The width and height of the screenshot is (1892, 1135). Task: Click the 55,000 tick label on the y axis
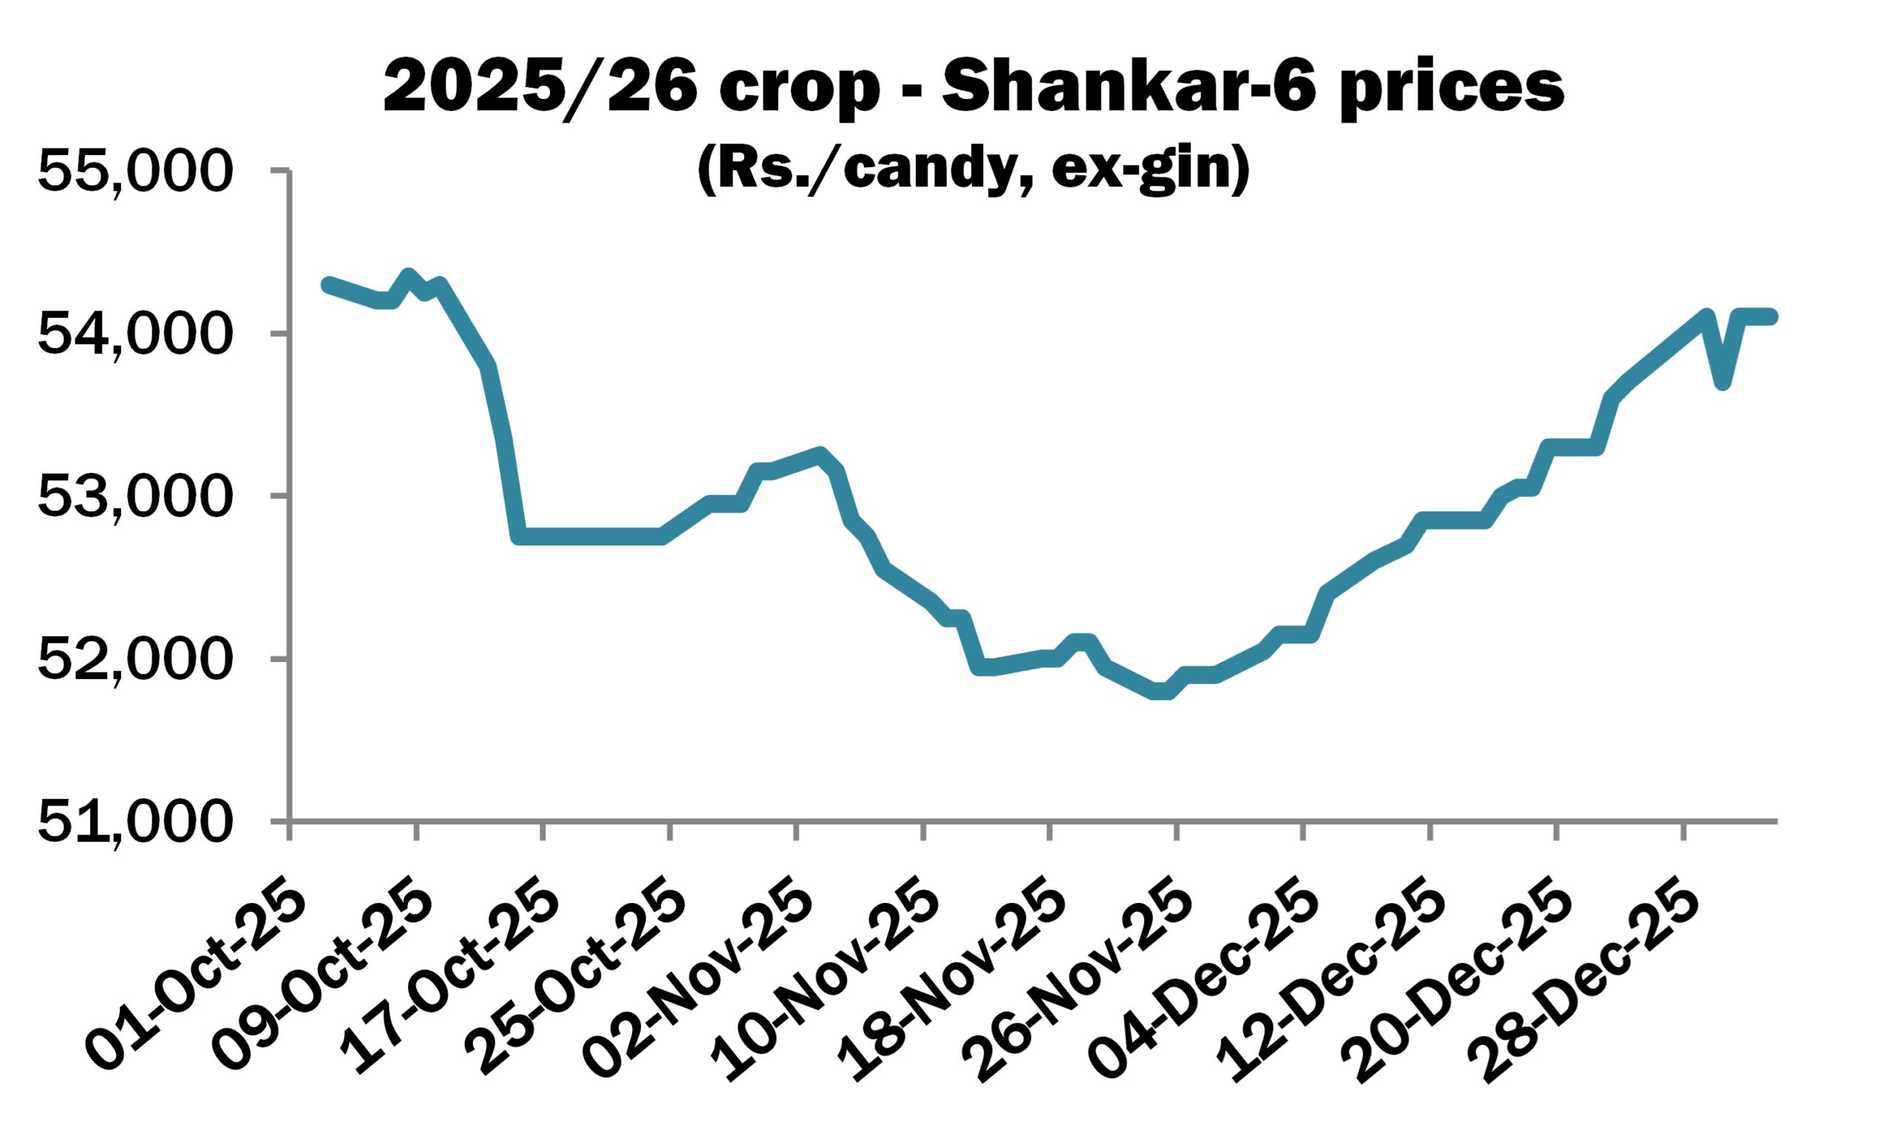[133, 172]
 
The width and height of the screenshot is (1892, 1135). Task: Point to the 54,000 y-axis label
[133, 335]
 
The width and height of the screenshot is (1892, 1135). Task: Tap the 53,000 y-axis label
[133, 497]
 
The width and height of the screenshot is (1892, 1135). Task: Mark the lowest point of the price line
[1161, 692]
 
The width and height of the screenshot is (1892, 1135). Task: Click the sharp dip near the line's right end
[1722, 383]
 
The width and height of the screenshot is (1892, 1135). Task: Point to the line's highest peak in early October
[408, 276]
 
